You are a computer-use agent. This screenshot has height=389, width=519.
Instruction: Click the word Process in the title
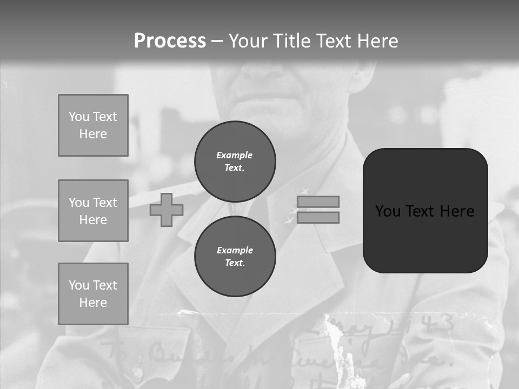(x=170, y=41)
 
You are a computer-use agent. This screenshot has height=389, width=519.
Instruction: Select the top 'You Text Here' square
(x=93, y=125)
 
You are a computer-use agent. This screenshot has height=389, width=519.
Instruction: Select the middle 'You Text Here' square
(x=93, y=211)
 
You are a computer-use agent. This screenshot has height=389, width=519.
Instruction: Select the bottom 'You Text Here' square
(x=93, y=293)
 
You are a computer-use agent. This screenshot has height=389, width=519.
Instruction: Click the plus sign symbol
(x=167, y=210)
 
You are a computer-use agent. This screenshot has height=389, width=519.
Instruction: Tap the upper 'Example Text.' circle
(x=235, y=161)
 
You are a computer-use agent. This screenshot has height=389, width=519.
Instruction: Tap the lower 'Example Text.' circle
(x=235, y=256)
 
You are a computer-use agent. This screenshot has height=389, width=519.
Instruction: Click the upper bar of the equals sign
(x=318, y=202)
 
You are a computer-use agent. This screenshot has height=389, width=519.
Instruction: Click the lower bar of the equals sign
(x=318, y=217)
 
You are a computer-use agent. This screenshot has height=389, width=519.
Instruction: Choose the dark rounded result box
(x=425, y=211)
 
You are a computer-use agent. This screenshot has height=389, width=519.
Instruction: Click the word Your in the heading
(x=248, y=41)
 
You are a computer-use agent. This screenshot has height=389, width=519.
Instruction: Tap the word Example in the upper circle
(x=234, y=155)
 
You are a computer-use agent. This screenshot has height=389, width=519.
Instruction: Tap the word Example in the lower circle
(x=235, y=250)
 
